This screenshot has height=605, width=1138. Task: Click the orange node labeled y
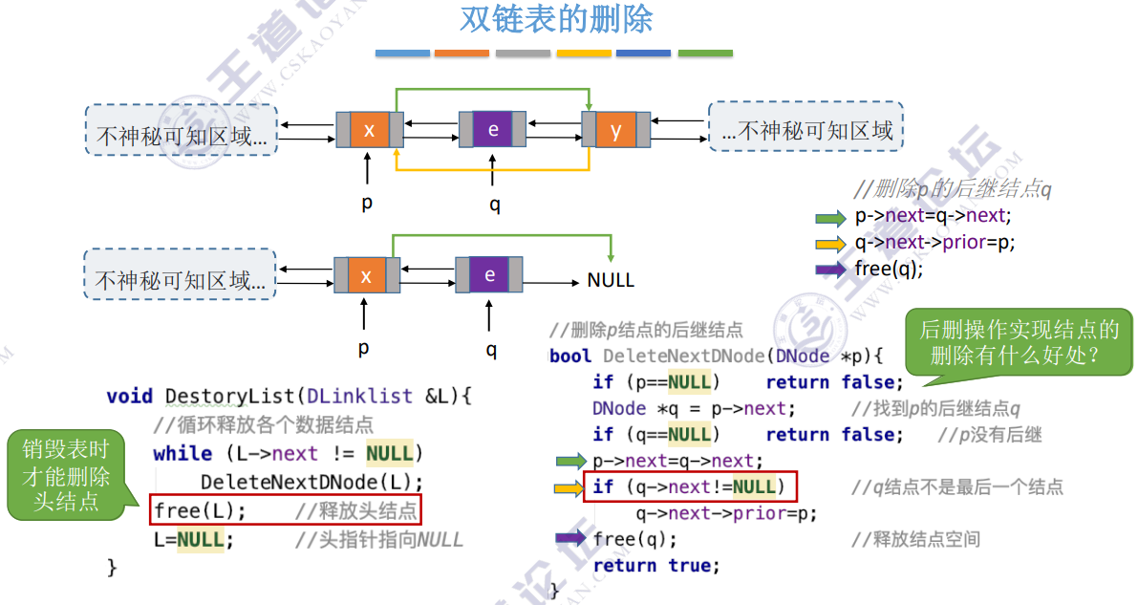pyautogui.click(x=616, y=130)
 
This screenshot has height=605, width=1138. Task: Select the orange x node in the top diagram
pyautogui.click(x=369, y=130)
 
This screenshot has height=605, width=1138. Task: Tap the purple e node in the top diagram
pyautogui.click(x=493, y=130)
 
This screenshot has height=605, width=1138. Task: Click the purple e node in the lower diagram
pyautogui.click(x=489, y=275)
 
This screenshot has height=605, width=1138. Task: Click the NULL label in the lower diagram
pyautogui.click(x=611, y=281)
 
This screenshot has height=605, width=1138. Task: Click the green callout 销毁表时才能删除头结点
pyautogui.click(x=67, y=475)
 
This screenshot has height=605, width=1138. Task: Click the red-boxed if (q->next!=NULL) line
pyautogui.click(x=690, y=487)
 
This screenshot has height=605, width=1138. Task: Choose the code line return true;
pyautogui.click(x=655, y=566)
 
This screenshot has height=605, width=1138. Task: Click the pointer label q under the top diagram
pyautogui.click(x=494, y=205)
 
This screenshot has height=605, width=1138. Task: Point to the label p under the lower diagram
pyautogui.click(x=363, y=349)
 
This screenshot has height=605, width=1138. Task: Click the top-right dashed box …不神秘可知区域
pyautogui.click(x=805, y=127)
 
